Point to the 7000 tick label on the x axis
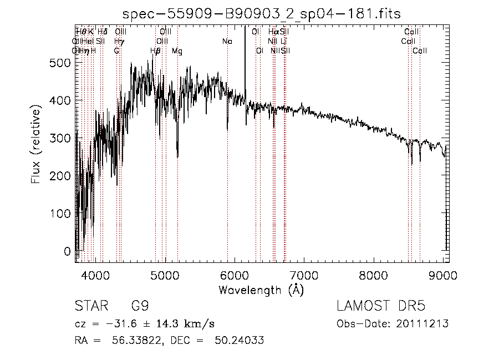[304, 276]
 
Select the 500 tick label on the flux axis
[58, 63]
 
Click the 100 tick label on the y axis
[58, 214]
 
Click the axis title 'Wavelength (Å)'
[261, 290]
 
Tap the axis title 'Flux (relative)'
[37, 146]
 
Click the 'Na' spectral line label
[227, 42]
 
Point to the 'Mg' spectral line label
[177, 51]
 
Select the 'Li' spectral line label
[284, 42]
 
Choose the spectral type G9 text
[140, 306]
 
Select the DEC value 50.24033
[238, 341]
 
